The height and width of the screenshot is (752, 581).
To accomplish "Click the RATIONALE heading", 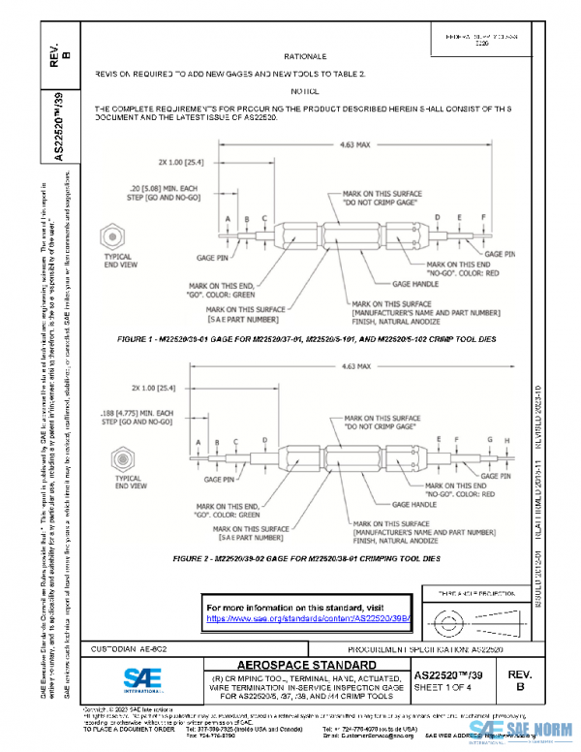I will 306,57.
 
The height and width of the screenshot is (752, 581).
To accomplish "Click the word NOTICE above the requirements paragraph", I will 306,90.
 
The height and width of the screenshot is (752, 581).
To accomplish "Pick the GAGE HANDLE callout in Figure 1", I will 413,284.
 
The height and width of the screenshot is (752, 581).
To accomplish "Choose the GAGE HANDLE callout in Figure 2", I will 413,505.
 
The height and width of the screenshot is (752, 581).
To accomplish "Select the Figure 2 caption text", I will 307,559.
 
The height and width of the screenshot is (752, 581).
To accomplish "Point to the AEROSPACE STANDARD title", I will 307,666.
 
